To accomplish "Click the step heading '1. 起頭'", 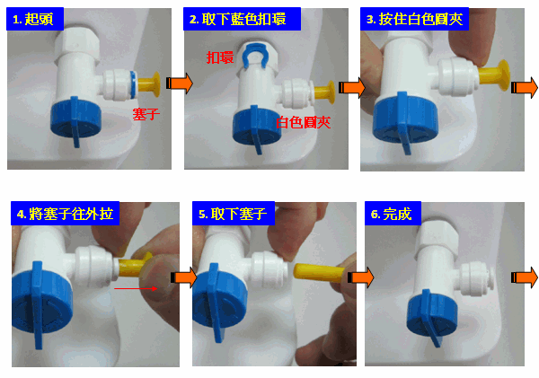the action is pos(33,19).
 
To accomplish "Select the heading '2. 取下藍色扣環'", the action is pos(237,19).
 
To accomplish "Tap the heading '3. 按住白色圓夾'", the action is pos(414,19).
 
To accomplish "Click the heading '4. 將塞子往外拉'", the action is pos(65,214).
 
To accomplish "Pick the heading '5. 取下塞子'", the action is pos(233,214).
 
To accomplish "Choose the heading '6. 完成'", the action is pos(391,214).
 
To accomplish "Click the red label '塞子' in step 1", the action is pos(146,114).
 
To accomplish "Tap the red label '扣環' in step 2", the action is pos(220,57).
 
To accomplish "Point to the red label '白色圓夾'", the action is pos(304,122).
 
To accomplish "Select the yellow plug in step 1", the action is pos(149,84).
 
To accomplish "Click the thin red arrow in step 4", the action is pos(136,288).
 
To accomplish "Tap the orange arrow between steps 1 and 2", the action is pos(179,84).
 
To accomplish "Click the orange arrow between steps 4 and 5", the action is pos(184,277).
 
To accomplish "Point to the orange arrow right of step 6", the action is pos(525,277).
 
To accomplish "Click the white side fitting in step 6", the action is pos(476,278).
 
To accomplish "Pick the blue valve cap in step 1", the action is pos(76,120).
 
